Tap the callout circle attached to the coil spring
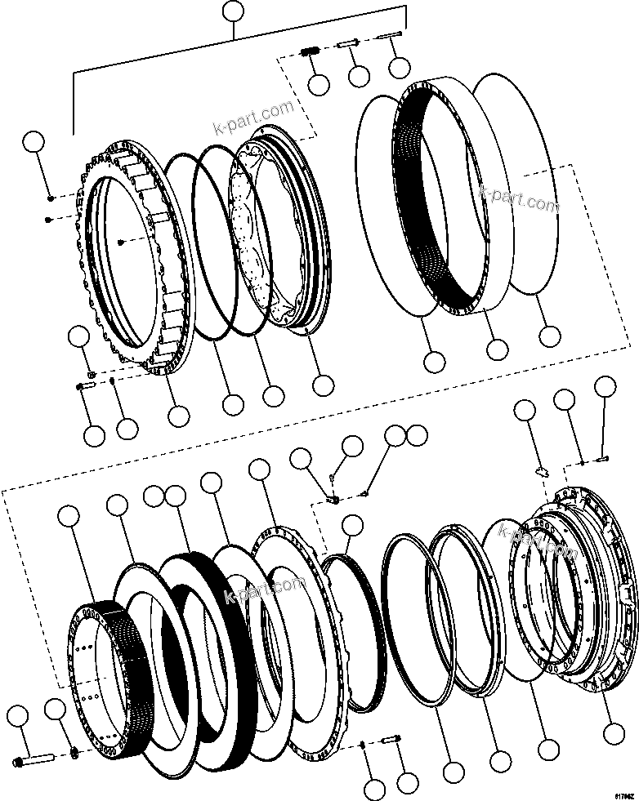[x=318, y=84]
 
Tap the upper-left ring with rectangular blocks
[x=131, y=261]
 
